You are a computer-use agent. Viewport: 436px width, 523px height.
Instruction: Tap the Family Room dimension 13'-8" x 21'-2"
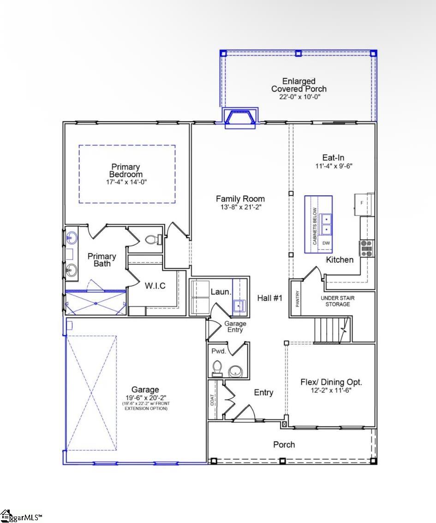(240, 207)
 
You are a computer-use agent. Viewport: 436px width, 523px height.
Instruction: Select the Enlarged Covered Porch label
(299, 85)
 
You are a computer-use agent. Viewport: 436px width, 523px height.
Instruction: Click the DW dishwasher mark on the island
(326, 243)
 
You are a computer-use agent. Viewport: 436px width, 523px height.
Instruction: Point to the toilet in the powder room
(217, 368)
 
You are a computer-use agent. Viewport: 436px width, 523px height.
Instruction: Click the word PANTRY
(298, 299)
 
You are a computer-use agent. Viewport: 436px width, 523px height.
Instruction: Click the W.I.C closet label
(155, 286)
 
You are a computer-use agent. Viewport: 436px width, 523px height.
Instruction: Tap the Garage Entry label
(235, 327)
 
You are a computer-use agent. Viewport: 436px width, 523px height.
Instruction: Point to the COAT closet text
(212, 399)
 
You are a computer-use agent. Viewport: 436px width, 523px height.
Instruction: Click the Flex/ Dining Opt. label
(331, 382)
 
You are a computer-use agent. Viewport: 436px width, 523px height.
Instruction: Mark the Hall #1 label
(269, 298)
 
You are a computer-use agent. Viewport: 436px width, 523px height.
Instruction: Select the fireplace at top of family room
(240, 117)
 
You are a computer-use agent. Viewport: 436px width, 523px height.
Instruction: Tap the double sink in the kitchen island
(326, 223)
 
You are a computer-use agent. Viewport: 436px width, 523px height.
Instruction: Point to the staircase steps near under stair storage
(329, 329)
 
